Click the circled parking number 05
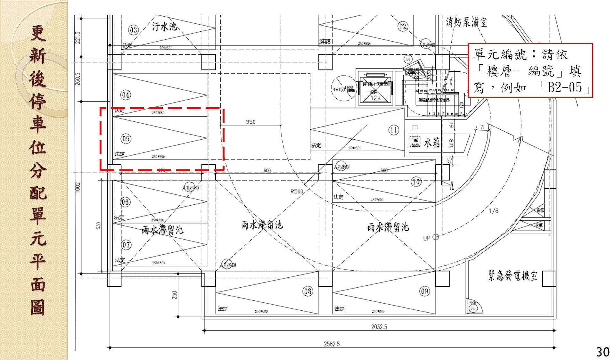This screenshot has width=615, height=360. [x=126, y=139]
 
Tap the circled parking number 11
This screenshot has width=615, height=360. [x=394, y=130]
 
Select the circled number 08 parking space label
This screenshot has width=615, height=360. [x=307, y=291]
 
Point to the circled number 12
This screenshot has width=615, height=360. [x=403, y=26]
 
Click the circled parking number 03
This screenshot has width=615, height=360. [x=133, y=30]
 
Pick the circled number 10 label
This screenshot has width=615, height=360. [x=416, y=182]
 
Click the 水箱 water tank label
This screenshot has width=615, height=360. [x=432, y=142]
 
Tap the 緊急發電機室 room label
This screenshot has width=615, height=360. [x=512, y=275]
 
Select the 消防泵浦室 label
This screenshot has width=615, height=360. [x=466, y=22]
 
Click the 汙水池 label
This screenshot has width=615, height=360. [x=164, y=26]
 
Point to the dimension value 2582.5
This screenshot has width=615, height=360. [x=332, y=344]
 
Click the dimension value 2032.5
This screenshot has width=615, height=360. [x=379, y=327]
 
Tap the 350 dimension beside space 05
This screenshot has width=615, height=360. [x=250, y=122]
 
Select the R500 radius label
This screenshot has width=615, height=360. [x=297, y=191]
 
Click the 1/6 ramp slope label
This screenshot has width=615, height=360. [x=493, y=211]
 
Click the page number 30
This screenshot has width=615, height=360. [x=603, y=352]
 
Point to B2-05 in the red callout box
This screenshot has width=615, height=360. [x=564, y=87]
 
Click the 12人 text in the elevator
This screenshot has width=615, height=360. [x=376, y=98]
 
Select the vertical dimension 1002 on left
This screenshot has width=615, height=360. [x=78, y=188]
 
